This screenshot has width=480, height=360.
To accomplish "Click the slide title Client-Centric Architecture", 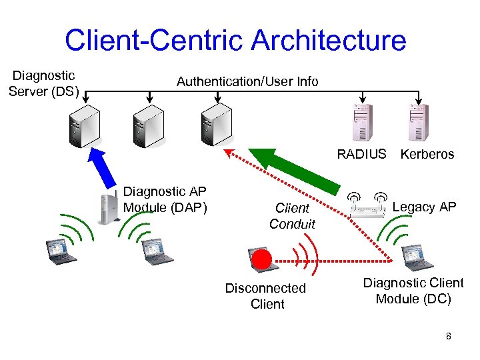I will [235, 40].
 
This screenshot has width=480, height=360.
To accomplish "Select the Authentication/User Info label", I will [247, 81].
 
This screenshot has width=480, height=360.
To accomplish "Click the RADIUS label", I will [361, 154].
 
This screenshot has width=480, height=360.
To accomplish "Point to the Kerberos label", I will [427, 154].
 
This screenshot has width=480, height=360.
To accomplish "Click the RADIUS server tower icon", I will [362, 123].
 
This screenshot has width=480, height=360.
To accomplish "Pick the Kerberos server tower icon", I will [418, 123].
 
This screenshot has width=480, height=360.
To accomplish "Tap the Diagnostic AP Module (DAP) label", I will [166, 199].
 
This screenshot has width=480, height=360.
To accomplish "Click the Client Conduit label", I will [292, 216].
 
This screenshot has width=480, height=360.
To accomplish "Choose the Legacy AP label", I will [424, 207].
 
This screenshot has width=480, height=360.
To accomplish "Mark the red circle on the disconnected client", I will [263, 259].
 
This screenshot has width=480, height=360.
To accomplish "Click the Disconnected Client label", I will [265, 296].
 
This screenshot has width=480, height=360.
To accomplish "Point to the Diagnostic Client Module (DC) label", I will [413, 291].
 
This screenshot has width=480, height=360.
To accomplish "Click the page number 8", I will [449, 336].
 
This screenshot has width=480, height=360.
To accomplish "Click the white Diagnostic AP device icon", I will [106, 207].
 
